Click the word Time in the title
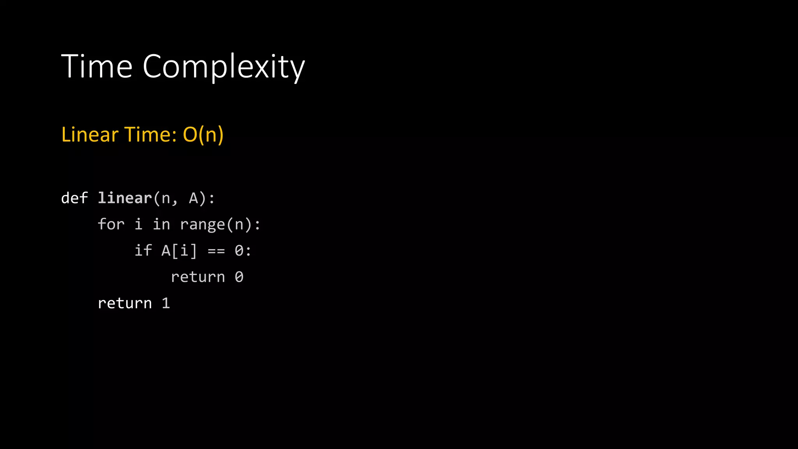(97, 66)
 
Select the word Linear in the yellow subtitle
(90, 135)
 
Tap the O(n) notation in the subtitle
(203, 135)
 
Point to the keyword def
(74, 198)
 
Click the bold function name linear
(125, 198)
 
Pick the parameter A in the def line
(193, 198)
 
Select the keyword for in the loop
(111, 224)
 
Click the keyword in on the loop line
(161, 224)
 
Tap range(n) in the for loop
(216, 224)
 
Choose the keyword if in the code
(143, 251)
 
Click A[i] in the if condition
(179, 251)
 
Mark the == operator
(216, 251)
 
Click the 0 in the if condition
(239, 251)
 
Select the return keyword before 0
(198, 277)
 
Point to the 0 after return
(239, 277)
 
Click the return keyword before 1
(125, 303)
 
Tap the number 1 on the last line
(166, 303)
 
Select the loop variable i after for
(139, 224)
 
